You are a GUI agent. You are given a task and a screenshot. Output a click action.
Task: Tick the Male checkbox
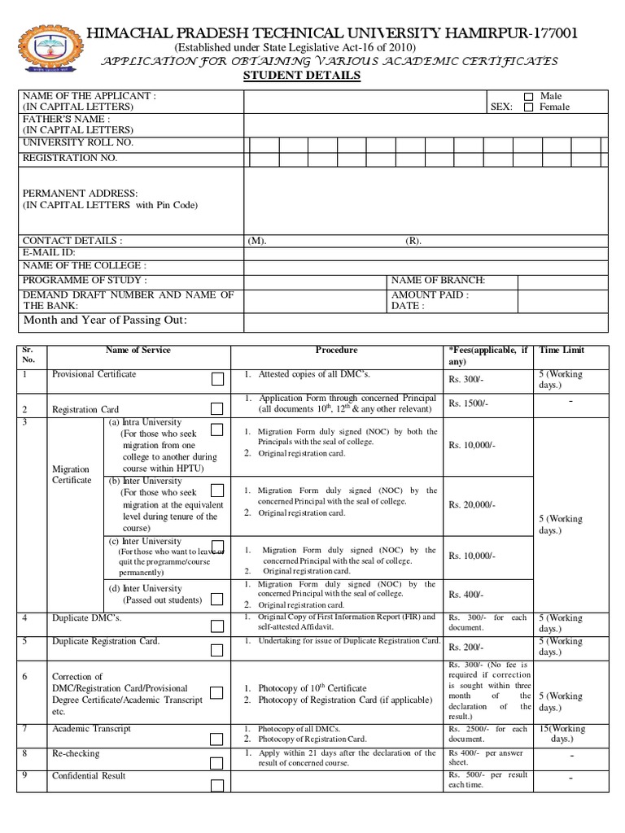(529, 97)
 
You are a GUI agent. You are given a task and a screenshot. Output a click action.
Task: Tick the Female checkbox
(529, 107)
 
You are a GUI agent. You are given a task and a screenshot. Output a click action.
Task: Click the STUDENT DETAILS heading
(302, 76)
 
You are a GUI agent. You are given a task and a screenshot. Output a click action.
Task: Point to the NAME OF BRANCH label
(438, 280)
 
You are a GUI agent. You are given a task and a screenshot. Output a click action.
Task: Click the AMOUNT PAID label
(430, 294)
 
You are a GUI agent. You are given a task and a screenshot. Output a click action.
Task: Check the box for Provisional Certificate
(217, 380)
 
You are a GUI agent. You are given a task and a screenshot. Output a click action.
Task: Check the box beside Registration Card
(217, 408)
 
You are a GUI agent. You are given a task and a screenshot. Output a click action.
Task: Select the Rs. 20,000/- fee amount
(471, 505)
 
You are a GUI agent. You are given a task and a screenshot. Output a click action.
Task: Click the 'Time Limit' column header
(562, 350)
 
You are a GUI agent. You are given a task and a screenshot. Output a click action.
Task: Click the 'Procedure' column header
(336, 350)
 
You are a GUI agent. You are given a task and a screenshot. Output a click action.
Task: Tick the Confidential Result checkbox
(217, 786)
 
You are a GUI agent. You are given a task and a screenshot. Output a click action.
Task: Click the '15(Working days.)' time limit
(562, 734)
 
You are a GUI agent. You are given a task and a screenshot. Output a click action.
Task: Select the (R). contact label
(413, 242)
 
